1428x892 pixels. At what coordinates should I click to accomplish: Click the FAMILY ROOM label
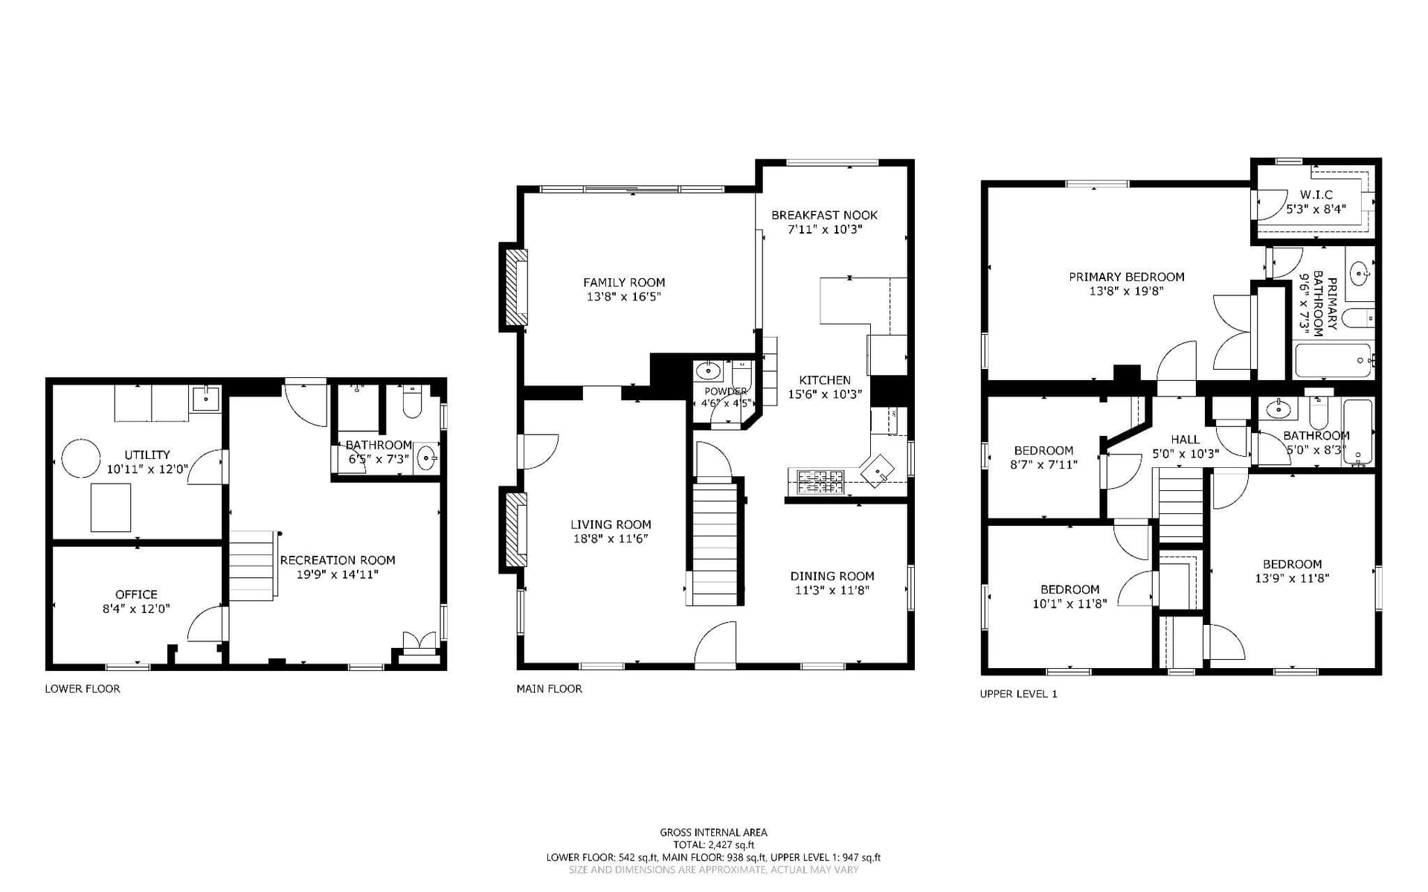pyautogui.click(x=624, y=283)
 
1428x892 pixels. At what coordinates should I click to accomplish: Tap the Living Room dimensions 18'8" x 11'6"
pyautogui.click(x=611, y=539)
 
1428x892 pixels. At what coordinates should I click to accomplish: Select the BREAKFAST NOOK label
pyautogui.click(x=824, y=215)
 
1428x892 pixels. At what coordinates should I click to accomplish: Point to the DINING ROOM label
pyautogui.click(x=832, y=576)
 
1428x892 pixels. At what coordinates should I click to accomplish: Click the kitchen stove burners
pyautogui.click(x=821, y=482)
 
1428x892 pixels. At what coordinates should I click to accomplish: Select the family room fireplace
pyautogui.click(x=516, y=287)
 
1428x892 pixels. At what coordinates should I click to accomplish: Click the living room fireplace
pyautogui.click(x=516, y=530)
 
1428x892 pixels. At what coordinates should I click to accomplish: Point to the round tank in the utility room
pyautogui.click(x=80, y=458)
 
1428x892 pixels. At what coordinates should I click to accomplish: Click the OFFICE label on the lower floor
pyautogui.click(x=136, y=594)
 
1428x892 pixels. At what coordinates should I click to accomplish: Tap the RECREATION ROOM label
pyautogui.click(x=338, y=560)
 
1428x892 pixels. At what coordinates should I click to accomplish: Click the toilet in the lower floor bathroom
pyautogui.click(x=412, y=402)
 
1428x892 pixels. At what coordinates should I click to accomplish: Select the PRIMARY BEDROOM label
pyautogui.click(x=1127, y=277)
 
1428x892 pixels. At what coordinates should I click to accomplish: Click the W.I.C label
pyautogui.click(x=1316, y=195)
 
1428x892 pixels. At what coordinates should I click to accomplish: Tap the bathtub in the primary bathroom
pyautogui.click(x=1334, y=360)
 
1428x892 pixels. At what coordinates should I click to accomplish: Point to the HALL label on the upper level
pyautogui.click(x=1186, y=440)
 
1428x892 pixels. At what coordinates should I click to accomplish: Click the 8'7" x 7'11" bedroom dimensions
pyautogui.click(x=1044, y=465)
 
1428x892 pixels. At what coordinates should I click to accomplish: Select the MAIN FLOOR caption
pyautogui.click(x=550, y=689)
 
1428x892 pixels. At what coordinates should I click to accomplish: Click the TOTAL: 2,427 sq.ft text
pyautogui.click(x=714, y=845)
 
